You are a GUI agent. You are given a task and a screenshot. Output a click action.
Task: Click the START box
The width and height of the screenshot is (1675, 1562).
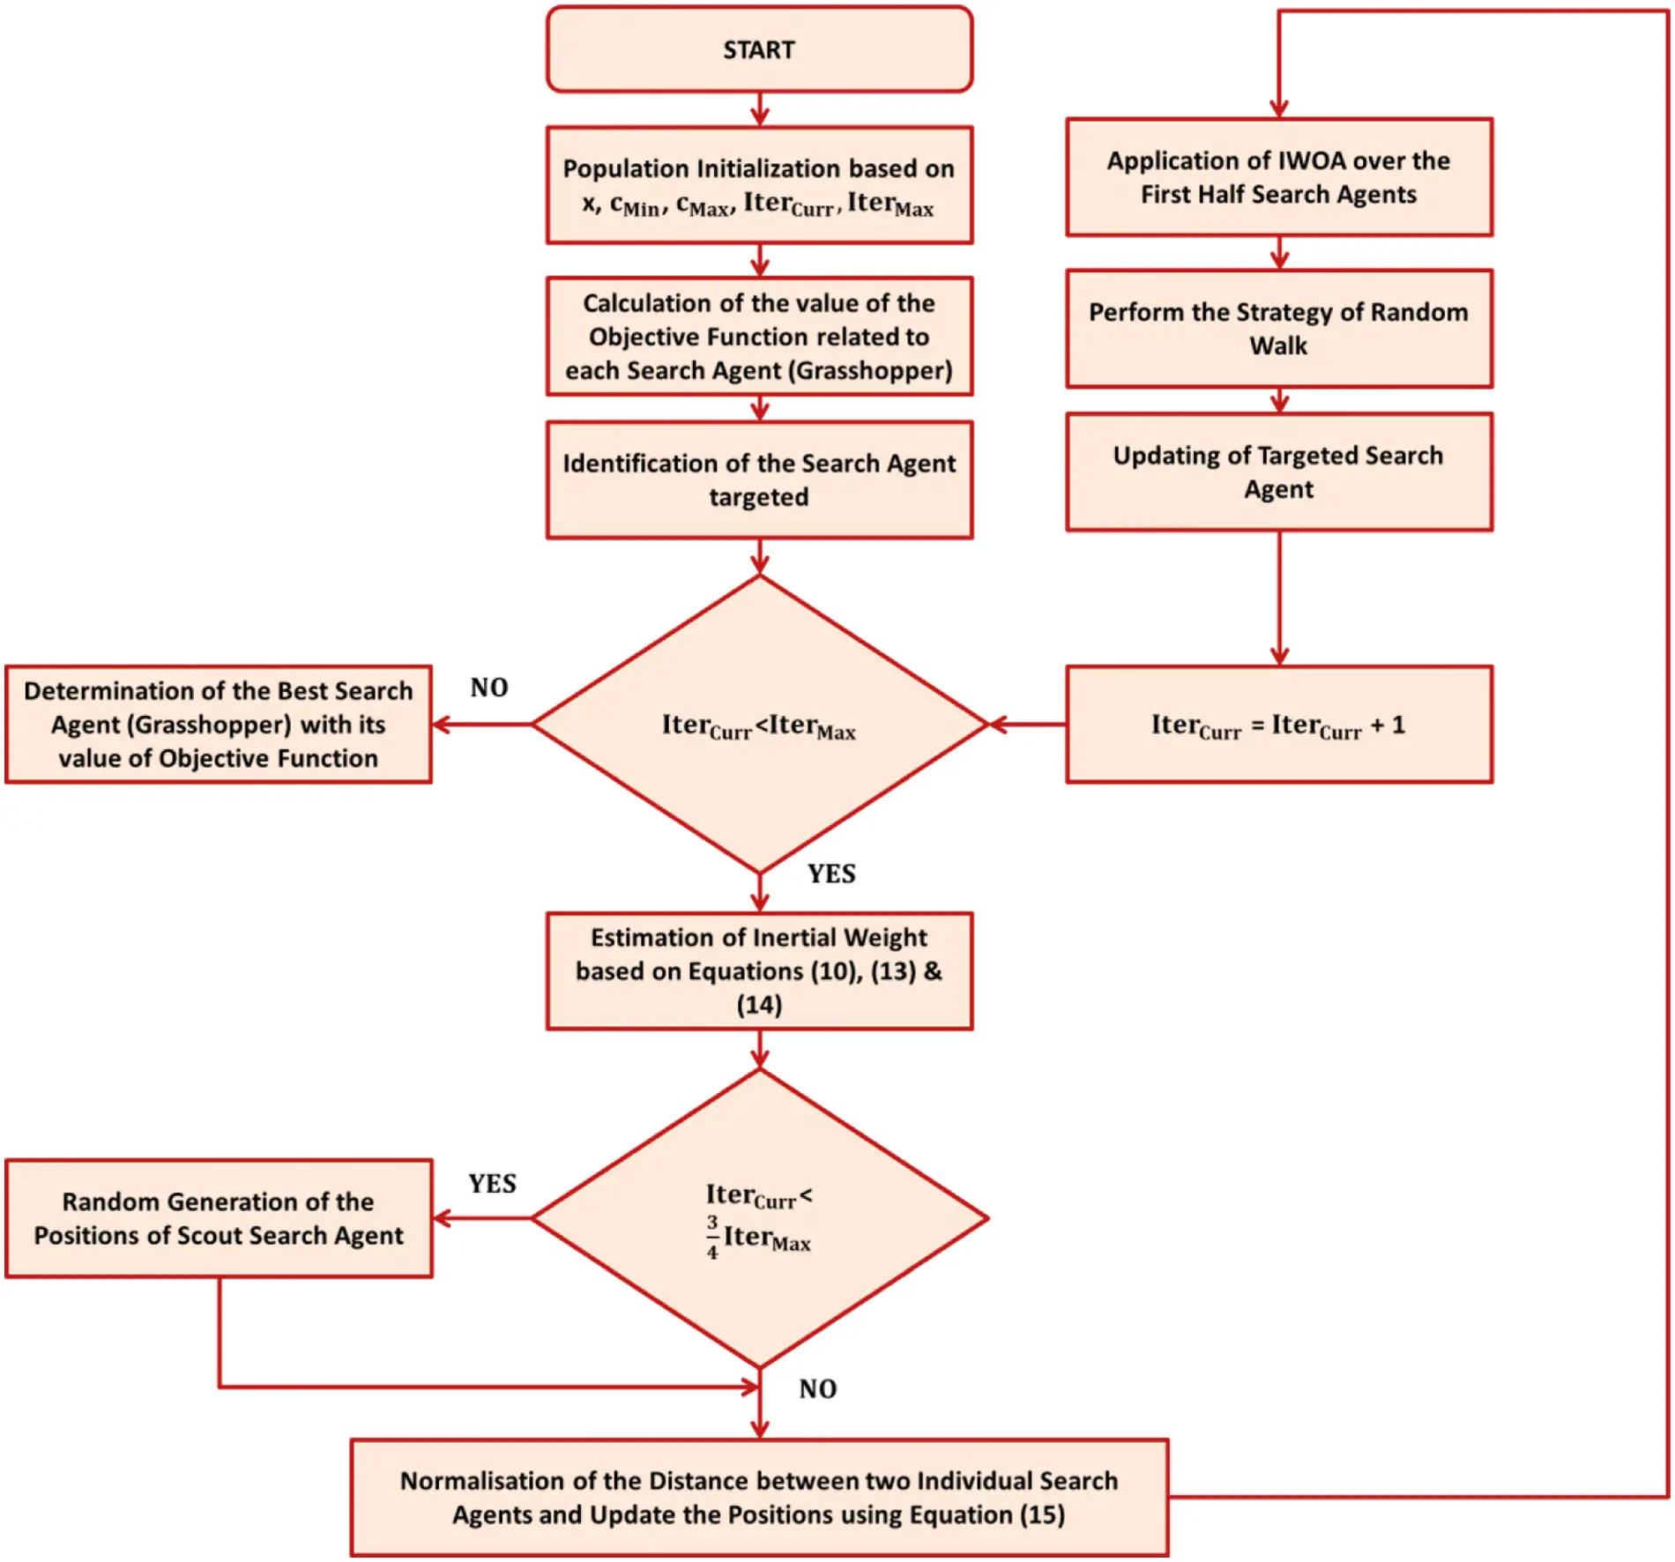(758, 49)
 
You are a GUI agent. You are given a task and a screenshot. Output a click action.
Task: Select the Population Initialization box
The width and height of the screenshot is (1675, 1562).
(758, 185)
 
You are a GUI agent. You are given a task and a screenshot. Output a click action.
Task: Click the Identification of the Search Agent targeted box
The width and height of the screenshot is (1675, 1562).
(758, 480)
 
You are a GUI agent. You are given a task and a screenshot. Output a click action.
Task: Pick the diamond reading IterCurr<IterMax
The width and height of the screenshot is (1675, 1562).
(758, 725)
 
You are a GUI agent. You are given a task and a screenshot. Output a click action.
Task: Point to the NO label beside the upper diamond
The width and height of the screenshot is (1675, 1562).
(489, 688)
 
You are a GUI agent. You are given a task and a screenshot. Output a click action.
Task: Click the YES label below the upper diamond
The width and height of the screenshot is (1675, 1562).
(830, 874)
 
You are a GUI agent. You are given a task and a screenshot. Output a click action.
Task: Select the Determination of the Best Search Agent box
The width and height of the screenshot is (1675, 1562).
(218, 725)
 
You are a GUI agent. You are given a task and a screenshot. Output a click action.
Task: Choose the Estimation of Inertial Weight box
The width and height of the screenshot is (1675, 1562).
(758, 970)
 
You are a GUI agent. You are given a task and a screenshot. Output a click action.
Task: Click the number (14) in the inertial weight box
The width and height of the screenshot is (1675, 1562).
(759, 1005)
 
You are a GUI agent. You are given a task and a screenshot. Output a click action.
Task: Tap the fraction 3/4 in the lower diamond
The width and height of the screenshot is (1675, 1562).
(712, 1237)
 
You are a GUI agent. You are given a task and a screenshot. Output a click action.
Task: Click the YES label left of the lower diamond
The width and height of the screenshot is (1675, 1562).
(492, 1184)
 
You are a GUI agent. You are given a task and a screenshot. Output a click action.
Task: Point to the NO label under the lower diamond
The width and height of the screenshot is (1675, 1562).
(817, 1389)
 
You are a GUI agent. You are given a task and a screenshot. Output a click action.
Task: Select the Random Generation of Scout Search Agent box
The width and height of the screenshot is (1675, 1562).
(218, 1218)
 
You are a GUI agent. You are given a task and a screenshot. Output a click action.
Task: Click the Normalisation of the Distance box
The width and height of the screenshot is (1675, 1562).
(758, 1498)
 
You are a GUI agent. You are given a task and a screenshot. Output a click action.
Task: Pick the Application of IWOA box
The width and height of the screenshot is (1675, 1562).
(1278, 177)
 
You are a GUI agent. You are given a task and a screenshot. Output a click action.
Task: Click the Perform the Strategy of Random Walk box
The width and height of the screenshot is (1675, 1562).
(1278, 328)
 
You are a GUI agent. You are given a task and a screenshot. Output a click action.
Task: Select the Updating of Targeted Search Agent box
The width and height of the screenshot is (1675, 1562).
(1278, 472)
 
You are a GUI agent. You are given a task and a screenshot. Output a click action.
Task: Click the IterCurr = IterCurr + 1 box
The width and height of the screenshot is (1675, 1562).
(1278, 725)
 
